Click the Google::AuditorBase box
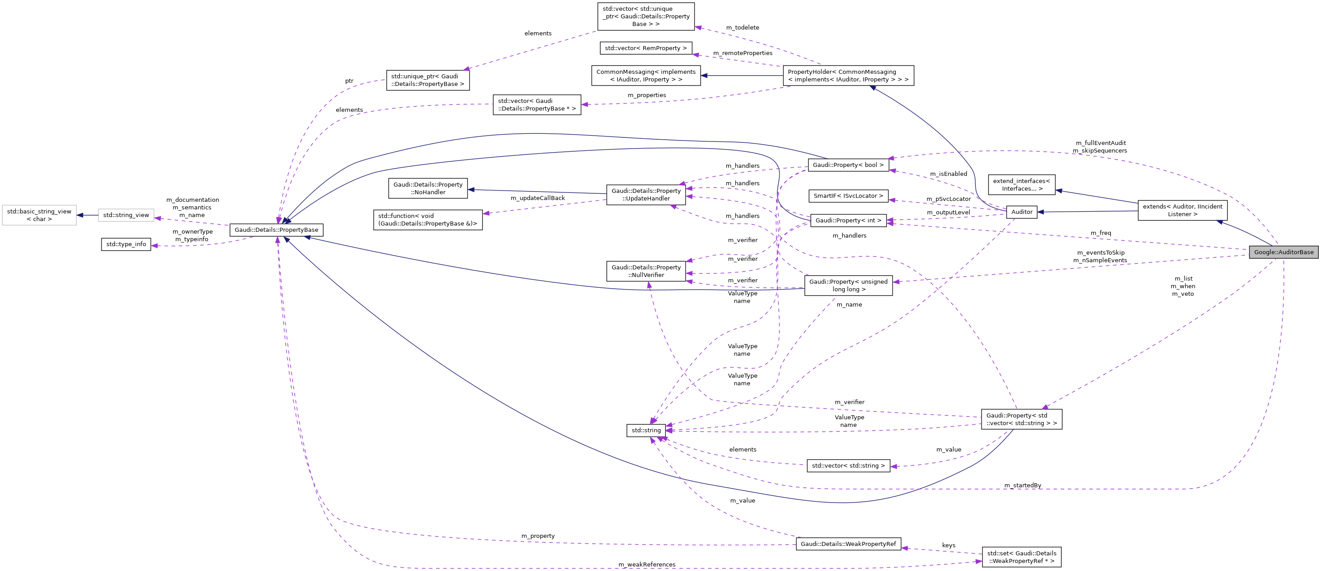point(1283,252)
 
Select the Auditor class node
point(1021,212)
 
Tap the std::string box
point(646,430)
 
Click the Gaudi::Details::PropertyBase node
point(276,230)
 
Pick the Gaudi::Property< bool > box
point(848,165)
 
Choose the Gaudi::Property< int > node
point(848,221)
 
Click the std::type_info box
point(126,244)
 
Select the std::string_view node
point(126,215)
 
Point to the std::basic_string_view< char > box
point(39,215)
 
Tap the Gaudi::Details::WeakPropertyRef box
point(848,544)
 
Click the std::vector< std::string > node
point(848,466)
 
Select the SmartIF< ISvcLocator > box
point(848,196)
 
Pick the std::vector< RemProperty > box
point(645,48)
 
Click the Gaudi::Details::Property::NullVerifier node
point(646,271)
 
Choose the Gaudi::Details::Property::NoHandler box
point(428,188)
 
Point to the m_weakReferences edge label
point(646,564)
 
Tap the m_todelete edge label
point(742,28)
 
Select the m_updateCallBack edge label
point(537,198)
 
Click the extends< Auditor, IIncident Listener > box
point(1182,210)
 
